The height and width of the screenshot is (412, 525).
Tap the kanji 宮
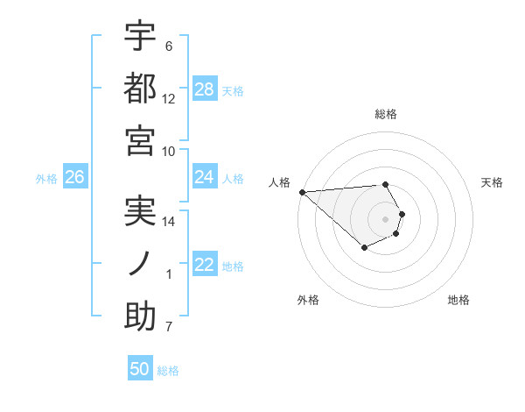click(x=140, y=140)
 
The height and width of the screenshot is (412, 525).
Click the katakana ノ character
click(x=140, y=264)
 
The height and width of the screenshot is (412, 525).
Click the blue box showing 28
click(x=205, y=89)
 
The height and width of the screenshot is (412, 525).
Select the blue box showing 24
click(x=205, y=177)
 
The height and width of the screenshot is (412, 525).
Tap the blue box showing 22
click(x=205, y=265)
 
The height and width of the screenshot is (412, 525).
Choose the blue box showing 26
click(x=74, y=177)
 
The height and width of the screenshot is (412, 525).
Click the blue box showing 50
click(x=140, y=369)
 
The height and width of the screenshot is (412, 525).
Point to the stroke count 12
click(x=169, y=99)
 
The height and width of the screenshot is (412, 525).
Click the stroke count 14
click(x=169, y=222)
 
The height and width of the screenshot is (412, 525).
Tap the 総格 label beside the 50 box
click(x=168, y=371)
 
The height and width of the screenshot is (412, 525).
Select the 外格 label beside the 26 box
click(x=46, y=178)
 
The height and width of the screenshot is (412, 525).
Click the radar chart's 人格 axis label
click(x=279, y=182)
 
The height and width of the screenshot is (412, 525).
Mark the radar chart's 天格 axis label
click(x=493, y=182)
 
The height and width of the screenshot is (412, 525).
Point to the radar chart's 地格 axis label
click(x=458, y=300)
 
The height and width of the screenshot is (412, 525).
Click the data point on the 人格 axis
click(x=302, y=192)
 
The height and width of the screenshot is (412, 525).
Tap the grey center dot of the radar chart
click(x=385, y=219)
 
